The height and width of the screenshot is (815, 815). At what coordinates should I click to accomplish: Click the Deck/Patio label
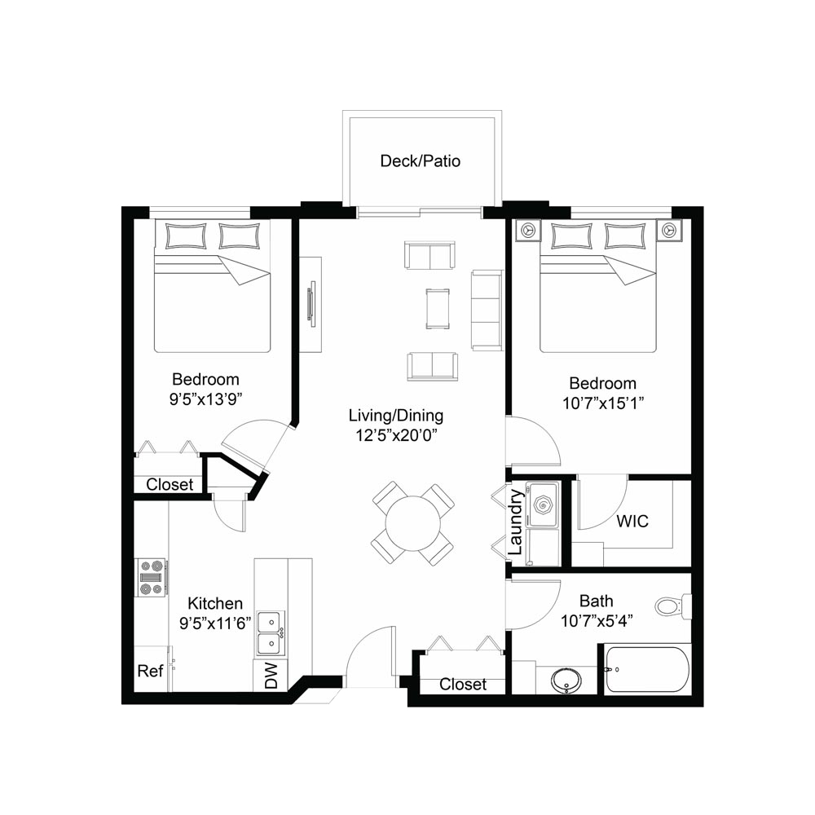tap(420, 161)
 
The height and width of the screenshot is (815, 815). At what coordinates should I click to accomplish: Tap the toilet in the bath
tap(673, 606)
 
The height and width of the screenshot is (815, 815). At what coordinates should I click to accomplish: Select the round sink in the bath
tap(566, 680)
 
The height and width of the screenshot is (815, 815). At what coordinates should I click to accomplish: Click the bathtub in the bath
tap(647, 669)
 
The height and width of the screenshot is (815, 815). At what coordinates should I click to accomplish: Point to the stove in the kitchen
tap(152, 577)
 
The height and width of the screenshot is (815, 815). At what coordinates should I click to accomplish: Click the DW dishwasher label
tap(271, 676)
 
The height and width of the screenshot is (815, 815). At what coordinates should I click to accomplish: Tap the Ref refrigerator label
tap(150, 671)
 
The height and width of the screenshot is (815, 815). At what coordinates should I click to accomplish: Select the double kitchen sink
tap(271, 632)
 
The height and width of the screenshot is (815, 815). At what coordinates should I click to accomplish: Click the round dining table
tap(412, 523)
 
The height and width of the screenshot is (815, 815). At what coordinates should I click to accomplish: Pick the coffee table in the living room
tap(438, 309)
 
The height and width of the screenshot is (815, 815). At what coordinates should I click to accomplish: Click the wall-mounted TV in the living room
tap(312, 303)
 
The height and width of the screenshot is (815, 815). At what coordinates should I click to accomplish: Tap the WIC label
tap(632, 521)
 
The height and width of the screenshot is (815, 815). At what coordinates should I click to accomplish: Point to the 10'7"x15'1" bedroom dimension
tap(603, 403)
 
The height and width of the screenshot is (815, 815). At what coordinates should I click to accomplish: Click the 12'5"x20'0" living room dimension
tap(396, 435)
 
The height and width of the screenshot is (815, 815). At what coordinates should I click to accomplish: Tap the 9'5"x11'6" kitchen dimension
tap(215, 623)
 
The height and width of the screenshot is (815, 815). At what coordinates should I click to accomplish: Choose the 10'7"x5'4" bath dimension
tap(597, 620)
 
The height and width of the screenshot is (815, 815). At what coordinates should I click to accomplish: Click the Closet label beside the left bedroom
tap(170, 484)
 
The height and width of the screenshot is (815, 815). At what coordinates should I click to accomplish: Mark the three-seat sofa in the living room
tap(487, 311)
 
